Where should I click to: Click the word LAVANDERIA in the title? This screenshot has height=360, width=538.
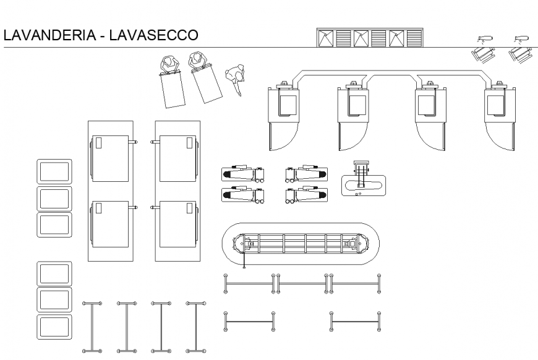[x=51, y=35]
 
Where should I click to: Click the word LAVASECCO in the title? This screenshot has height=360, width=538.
[x=154, y=35]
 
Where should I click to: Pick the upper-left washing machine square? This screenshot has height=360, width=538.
[x=110, y=158]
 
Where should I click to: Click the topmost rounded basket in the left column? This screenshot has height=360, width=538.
[x=55, y=171]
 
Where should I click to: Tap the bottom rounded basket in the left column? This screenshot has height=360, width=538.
[x=55, y=326]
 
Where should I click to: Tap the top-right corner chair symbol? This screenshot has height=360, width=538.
[x=521, y=48]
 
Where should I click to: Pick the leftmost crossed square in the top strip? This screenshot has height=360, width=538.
[x=325, y=38]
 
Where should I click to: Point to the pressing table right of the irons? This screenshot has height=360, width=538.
[x=364, y=181]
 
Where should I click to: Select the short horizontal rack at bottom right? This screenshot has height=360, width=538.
[x=355, y=322]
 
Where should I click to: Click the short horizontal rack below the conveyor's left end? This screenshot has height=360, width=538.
[x=249, y=322]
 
